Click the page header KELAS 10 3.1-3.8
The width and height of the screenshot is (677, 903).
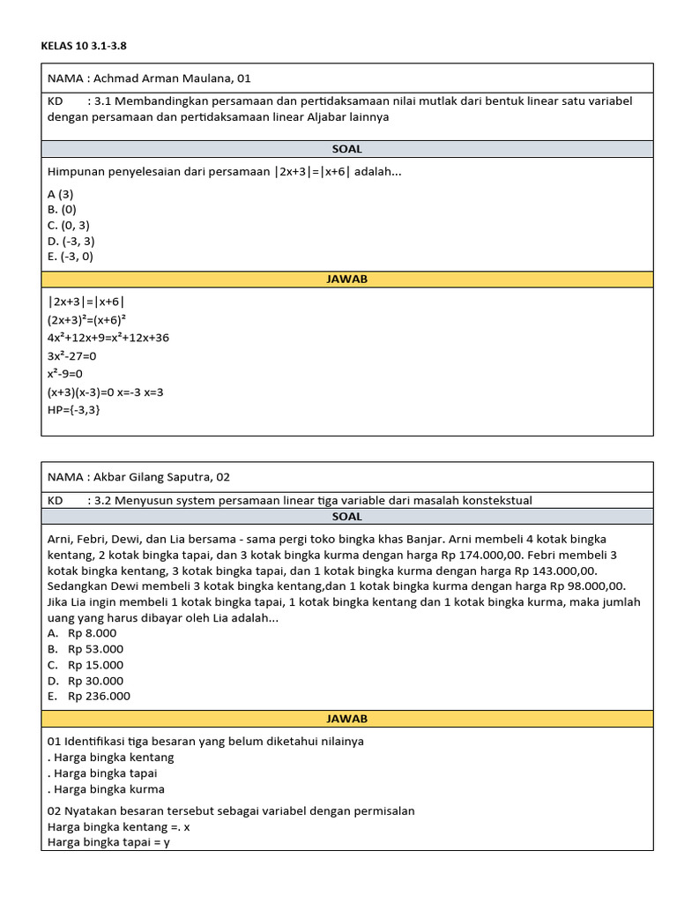point(89,45)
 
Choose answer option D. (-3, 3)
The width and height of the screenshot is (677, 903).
point(71,241)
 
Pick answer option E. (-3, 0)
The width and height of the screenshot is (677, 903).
point(71,257)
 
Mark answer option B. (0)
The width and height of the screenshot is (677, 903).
point(63,209)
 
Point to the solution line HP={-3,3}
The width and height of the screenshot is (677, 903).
point(74,409)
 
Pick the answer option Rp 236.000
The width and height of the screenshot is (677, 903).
point(99,697)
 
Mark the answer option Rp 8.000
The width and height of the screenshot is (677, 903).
point(92,633)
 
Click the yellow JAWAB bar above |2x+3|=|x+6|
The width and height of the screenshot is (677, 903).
point(347,280)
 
